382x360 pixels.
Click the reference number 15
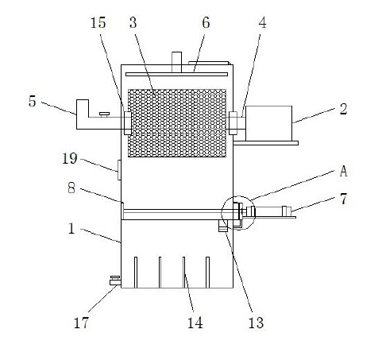tap(98, 22)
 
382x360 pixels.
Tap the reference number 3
tap(133, 22)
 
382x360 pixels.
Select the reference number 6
tap(206, 22)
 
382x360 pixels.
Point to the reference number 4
tap(262, 22)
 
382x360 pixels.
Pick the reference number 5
tap(32, 101)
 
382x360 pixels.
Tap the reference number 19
tap(70, 158)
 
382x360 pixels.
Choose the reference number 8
tap(71, 188)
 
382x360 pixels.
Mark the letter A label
tap(343, 171)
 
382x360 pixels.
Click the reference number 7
tap(343, 199)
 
